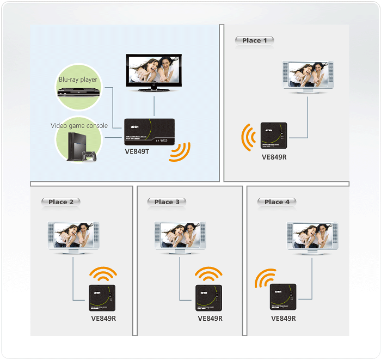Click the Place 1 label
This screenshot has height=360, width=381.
tap(254, 40)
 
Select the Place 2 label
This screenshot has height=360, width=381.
tap(60, 202)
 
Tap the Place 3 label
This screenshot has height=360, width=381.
tap(167, 202)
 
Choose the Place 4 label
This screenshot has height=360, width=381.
tap(276, 202)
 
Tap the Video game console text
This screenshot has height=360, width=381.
tap(79, 126)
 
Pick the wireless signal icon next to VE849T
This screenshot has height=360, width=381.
tap(179, 152)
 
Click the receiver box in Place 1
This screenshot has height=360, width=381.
tap(274, 136)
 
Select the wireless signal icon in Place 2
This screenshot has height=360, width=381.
tap(103, 273)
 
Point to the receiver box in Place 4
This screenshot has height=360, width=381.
tap(283, 297)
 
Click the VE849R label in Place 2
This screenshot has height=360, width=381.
tap(103, 319)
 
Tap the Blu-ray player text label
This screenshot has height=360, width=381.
tap(78, 80)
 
